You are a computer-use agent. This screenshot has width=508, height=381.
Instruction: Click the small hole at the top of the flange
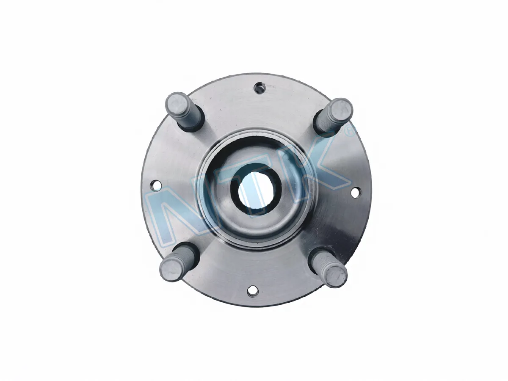259,88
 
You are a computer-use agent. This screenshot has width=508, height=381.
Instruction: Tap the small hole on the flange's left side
155,185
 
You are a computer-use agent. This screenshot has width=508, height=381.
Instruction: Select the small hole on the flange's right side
356,193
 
